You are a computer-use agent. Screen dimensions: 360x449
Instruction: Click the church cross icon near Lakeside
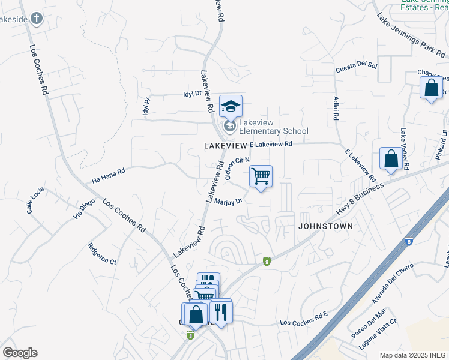pos(36,18)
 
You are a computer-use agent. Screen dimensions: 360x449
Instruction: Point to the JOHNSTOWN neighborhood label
pos(325,226)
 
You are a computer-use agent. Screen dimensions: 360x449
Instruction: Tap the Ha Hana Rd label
pos(108,175)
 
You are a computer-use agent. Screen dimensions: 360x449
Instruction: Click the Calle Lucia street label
pos(37,200)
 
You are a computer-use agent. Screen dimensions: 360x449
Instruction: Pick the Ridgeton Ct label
pos(101,253)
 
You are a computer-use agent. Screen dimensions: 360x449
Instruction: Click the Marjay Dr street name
pos(228,202)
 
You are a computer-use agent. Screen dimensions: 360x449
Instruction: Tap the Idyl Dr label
pos(192,94)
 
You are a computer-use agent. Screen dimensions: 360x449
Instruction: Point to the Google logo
pos(20,353)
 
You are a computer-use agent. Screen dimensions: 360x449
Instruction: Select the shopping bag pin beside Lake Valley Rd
pos(391,160)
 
